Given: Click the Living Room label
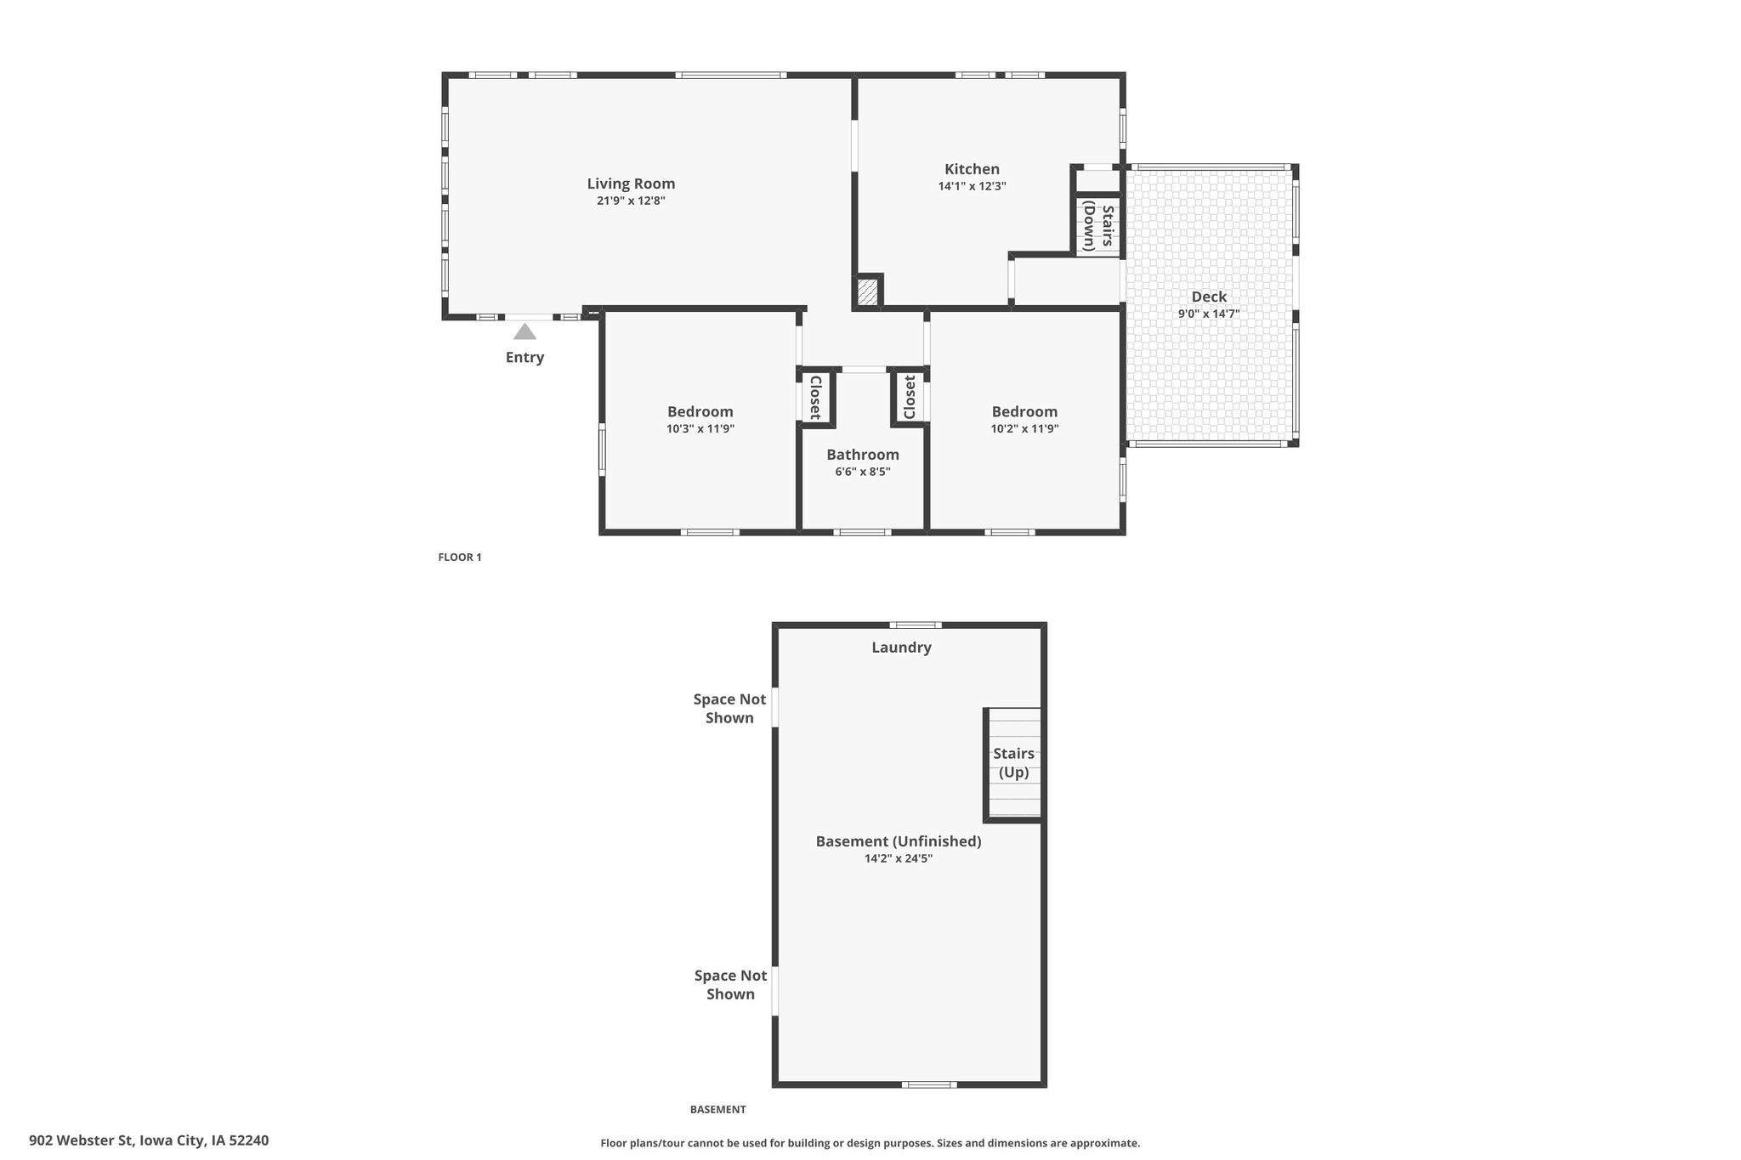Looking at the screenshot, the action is [631, 184].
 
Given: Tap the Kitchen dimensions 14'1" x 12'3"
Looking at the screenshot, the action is [972, 186].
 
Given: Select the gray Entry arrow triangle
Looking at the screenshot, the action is [525, 331].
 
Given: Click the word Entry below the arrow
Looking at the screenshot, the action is [525, 358].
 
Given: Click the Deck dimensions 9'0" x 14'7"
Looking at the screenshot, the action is [1208, 314].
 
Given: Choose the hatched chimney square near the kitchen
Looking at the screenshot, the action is [867, 292].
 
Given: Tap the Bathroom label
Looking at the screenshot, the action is [863, 455].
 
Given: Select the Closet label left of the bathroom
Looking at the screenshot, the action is [814, 398].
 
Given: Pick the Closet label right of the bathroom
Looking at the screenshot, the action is [910, 398].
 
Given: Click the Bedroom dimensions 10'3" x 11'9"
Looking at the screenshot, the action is [700, 429].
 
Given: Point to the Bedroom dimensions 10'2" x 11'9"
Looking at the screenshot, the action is [1024, 429].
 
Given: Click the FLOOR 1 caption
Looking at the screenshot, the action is [460, 557].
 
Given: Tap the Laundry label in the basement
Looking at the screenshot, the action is [901, 648].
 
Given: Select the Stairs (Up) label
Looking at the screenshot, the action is [1013, 762].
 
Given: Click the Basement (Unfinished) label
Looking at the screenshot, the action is [899, 841].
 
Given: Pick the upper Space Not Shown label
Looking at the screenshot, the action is [729, 709].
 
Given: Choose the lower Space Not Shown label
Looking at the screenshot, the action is [730, 985].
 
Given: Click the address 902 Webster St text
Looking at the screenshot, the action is [82, 1140].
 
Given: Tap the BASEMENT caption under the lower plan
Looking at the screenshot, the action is [717, 1109].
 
